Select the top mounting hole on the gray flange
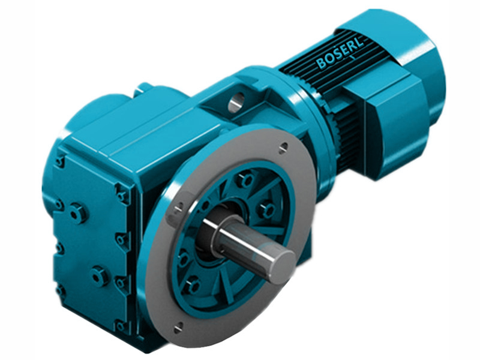(x=283, y=146)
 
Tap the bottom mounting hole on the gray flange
(x=179, y=328)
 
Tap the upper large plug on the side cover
(x=77, y=212)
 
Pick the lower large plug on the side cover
(x=98, y=275)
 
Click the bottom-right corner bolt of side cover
(x=122, y=326)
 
